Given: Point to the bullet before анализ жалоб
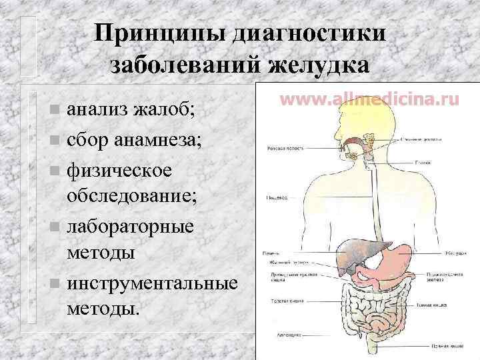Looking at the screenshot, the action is click(x=54, y=107).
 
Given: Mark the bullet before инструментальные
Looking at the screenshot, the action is click(x=54, y=284).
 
